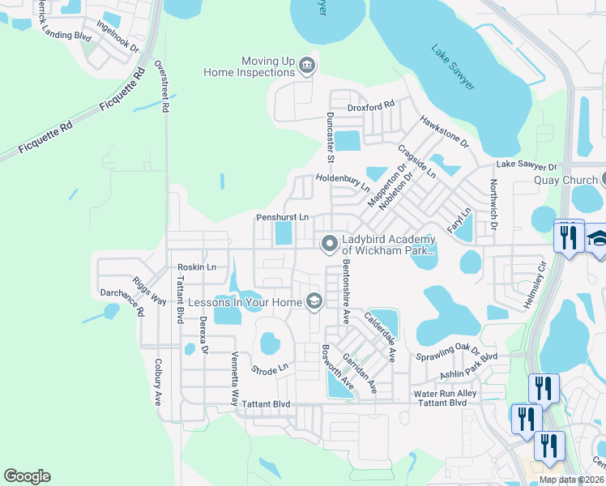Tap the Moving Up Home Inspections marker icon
click(307, 66)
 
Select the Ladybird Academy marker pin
click(329, 243)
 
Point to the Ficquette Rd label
click(44, 137)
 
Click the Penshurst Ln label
click(282, 217)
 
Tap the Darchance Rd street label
click(122, 302)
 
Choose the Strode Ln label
click(270, 368)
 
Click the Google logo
click(28, 476)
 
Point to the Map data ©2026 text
click(572, 480)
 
